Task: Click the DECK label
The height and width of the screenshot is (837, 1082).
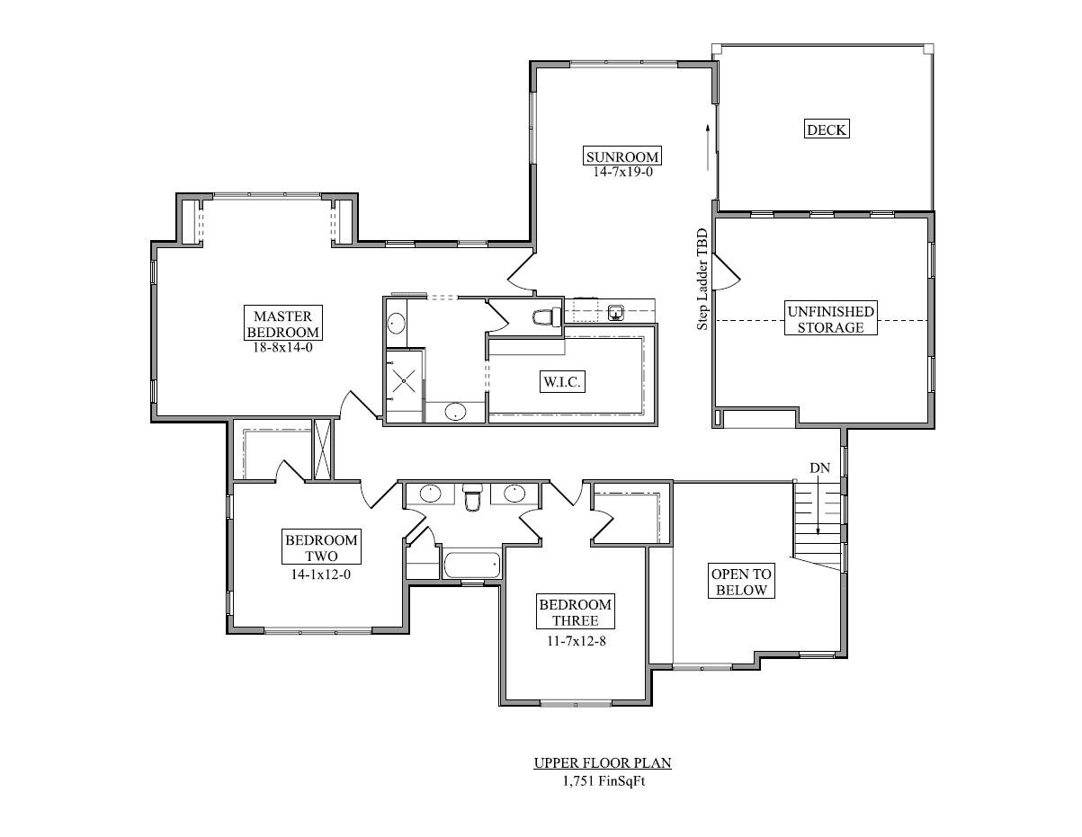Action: click(827, 129)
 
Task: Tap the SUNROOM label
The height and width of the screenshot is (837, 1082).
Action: click(622, 156)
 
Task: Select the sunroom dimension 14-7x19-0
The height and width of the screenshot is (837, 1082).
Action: click(622, 173)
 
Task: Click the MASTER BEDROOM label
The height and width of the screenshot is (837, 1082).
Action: click(282, 324)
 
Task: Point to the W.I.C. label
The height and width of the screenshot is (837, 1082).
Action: click(562, 382)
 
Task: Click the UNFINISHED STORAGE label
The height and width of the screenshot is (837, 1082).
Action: click(830, 319)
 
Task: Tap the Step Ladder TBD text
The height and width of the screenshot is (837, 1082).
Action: click(702, 279)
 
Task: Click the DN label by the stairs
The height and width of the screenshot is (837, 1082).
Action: click(819, 467)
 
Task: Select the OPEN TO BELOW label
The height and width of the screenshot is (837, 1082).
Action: click(741, 582)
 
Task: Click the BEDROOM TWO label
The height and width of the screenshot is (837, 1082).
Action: click(321, 548)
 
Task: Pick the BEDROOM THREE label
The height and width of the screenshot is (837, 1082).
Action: click(575, 612)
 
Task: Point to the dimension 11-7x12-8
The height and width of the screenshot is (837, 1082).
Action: click(577, 641)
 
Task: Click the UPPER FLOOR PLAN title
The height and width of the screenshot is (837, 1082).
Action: click(603, 763)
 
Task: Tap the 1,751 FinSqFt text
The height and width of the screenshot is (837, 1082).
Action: click(604, 780)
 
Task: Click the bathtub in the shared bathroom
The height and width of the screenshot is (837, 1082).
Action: click(471, 565)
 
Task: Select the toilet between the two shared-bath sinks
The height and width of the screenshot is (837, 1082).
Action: click(472, 496)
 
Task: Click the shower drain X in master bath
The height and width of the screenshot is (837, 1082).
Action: click(403, 382)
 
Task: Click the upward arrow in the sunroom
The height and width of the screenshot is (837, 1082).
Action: click(708, 147)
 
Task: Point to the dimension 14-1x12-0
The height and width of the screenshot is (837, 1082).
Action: click(321, 574)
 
